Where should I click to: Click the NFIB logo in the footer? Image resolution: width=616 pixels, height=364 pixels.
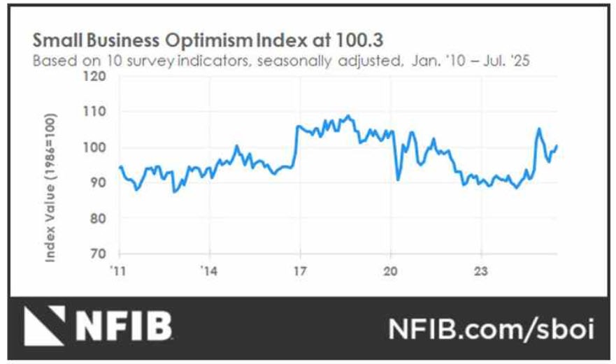click(98, 328)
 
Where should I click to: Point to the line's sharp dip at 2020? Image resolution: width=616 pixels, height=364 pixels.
click(398, 180)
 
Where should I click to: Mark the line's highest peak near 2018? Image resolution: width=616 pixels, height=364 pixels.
click(348, 115)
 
